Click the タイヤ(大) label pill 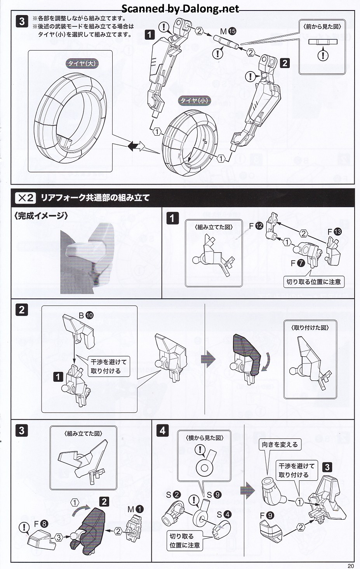(x=82, y=63)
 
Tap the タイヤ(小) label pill (x=194, y=100)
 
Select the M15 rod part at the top (x=226, y=42)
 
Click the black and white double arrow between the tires (x=136, y=146)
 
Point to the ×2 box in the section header (x=26, y=198)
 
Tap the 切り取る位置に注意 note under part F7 (x=314, y=282)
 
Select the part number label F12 (x=256, y=225)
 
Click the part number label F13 (x=334, y=232)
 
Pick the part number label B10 (x=86, y=315)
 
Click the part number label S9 (x=214, y=495)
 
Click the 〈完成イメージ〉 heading (x=41, y=216)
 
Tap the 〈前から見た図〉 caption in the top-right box (x=322, y=27)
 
